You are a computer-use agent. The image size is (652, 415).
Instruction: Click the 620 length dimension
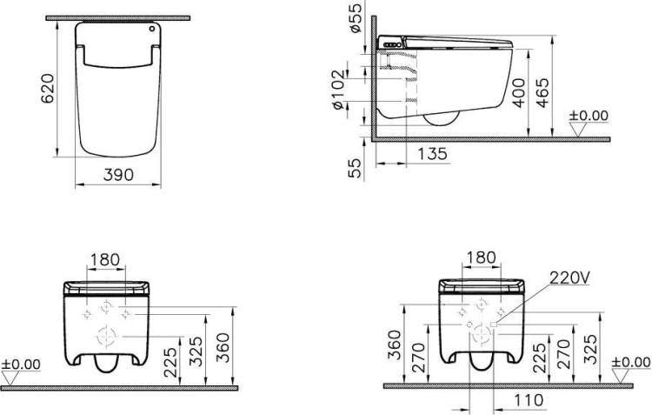coord(48,88)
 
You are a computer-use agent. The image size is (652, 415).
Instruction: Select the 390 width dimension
coord(118,175)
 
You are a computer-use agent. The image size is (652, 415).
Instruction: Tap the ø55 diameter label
coord(356,17)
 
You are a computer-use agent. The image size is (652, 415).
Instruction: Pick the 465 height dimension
coord(542,93)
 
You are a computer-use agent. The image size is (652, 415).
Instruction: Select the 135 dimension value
coord(432,154)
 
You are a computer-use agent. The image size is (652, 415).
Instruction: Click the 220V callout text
coord(569,278)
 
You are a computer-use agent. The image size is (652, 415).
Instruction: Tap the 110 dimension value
coord(529,400)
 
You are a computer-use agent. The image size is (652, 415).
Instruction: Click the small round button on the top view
coord(152,29)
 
